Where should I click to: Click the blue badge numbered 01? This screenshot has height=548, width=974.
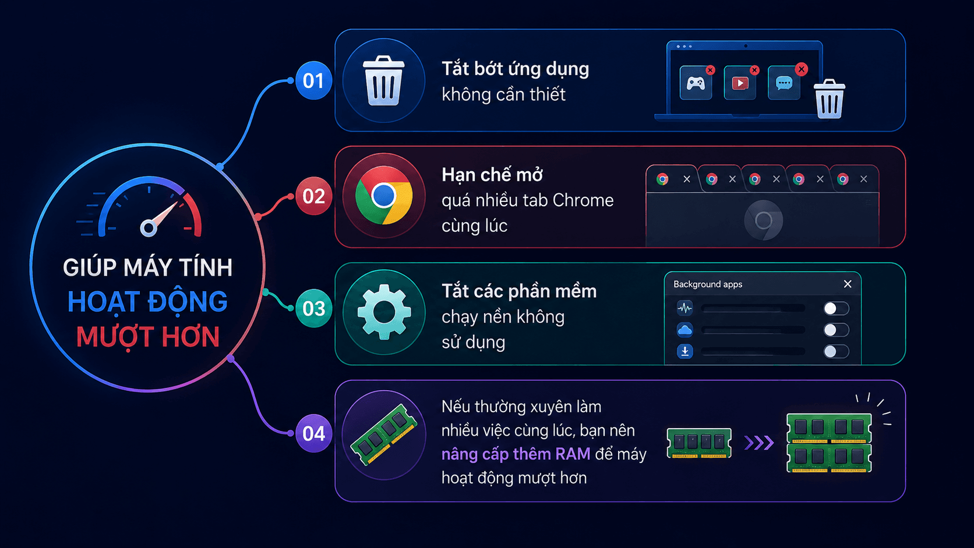pos(313,81)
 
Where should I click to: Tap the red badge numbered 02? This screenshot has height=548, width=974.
pos(313,196)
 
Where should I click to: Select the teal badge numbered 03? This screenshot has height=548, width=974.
pos(313,309)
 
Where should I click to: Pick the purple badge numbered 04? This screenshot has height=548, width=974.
pos(313,433)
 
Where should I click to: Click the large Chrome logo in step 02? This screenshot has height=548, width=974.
pos(383,196)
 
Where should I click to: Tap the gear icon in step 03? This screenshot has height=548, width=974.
pos(384,312)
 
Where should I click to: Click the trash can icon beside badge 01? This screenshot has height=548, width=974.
pos(383,81)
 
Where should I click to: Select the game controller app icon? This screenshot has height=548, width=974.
pos(696,83)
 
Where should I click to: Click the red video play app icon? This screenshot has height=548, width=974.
pos(740,83)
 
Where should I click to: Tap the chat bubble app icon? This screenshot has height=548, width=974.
pos(784,83)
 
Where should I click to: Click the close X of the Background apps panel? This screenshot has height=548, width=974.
pos(848,284)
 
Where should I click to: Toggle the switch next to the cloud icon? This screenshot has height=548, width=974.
pos(836,330)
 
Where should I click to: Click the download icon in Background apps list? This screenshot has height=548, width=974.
pos(685,351)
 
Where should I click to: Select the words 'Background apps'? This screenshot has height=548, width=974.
pos(707,284)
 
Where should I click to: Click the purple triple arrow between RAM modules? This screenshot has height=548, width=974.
pos(759,443)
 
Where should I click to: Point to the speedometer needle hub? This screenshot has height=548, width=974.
pos(149,228)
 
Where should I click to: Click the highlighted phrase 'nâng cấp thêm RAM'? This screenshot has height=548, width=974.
pos(516,454)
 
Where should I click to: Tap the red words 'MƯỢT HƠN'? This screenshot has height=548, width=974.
pos(148,337)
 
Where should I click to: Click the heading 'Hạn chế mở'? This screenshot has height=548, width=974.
pos(492,175)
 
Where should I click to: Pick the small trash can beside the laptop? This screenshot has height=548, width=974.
pos(829,99)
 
